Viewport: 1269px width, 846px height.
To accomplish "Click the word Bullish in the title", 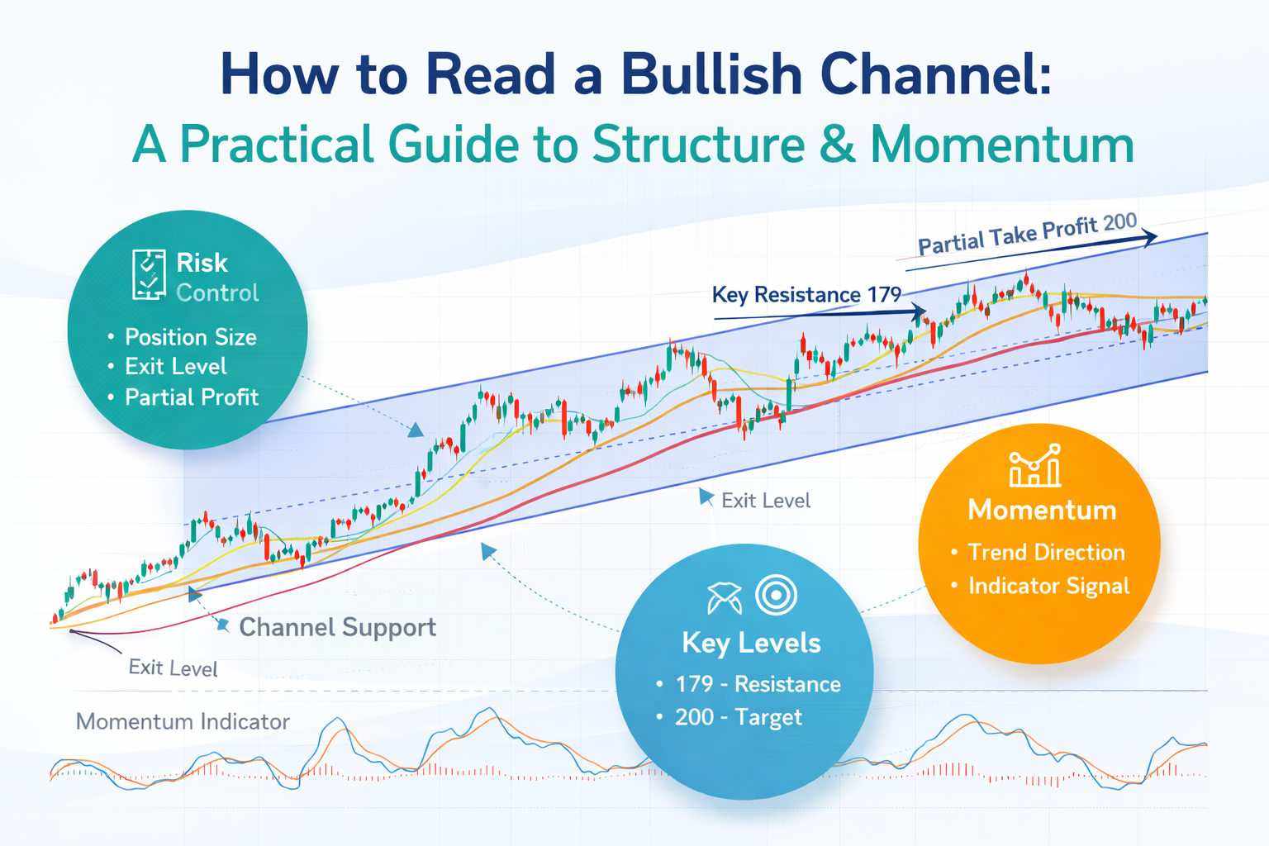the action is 711,75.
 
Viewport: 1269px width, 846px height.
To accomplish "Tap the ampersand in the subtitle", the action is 837,145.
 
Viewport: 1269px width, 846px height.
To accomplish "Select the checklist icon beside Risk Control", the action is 149,274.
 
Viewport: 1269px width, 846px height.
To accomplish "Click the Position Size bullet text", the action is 190,337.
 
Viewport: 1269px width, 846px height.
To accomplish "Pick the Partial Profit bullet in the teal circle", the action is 192,397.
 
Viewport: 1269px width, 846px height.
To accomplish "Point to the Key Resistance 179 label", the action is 806,295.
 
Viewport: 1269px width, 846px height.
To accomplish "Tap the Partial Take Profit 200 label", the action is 1027,233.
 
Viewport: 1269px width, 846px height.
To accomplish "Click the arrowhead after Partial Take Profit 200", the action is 1148,237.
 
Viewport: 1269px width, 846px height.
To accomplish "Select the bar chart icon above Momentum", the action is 1035,466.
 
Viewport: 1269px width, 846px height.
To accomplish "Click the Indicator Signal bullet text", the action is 1048,586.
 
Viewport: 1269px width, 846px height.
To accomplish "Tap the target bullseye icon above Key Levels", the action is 776,596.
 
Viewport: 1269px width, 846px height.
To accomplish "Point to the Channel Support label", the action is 338,628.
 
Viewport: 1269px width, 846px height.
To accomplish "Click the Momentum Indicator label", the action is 183,722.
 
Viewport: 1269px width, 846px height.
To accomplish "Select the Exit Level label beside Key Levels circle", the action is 766,501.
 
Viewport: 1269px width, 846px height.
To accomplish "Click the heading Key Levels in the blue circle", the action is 751,644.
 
